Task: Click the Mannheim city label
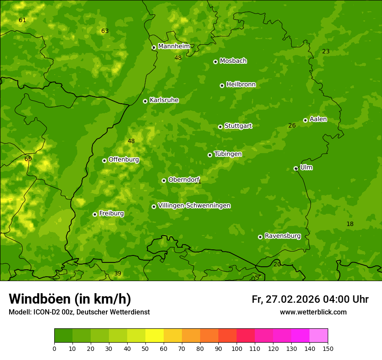[x=174, y=46]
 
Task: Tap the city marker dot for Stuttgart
[x=220, y=127]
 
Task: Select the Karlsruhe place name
[x=164, y=100]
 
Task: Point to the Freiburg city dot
[x=95, y=214]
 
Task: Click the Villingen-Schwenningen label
[x=194, y=206]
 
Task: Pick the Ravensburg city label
[x=283, y=236]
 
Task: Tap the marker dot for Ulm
[x=296, y=168]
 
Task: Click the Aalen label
[x=318, y=119]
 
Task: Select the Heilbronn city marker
[x=222, y=85]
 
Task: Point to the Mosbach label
[x=233, y=61]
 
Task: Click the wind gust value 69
[x=28, y=159]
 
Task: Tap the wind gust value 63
[x=105, y=31]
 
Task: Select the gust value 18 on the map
[x=350, y=224]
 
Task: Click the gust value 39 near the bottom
[x=118, y=273]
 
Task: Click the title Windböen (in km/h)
[x=70, y=299]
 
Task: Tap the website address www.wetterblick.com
[x=313, y=312]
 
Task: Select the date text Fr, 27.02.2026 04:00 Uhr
[x=310, y=299]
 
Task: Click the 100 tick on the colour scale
[x=237, y=348]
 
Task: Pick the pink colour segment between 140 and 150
[x=319, y=335]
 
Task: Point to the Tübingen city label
[x=228, y=154]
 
